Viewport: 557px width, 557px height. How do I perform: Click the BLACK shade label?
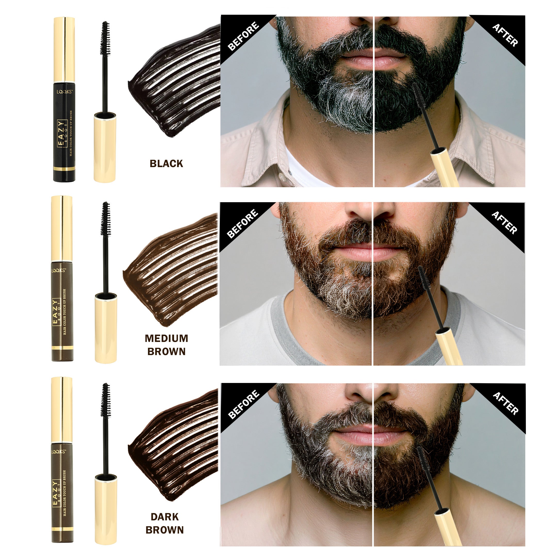click(x=166, y=164)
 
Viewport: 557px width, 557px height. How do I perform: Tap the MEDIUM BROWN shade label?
click(x=166, y=345)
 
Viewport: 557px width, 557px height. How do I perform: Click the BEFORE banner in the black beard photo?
click(x=243, y=36)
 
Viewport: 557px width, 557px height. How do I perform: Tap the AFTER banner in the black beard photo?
click(x=505, y=35)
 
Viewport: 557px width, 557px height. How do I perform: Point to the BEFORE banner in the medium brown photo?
click(x=242, y=224)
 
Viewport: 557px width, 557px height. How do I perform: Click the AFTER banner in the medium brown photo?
click(x=504, y=223)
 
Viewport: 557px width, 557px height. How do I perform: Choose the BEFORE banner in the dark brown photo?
click(x=243, y=405)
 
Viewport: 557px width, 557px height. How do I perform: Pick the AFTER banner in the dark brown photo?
click(x=505, y=403)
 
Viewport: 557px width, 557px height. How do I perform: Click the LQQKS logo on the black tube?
click(x=64, y=92)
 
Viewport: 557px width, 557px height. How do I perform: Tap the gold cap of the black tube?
click(x=64, y=49)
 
